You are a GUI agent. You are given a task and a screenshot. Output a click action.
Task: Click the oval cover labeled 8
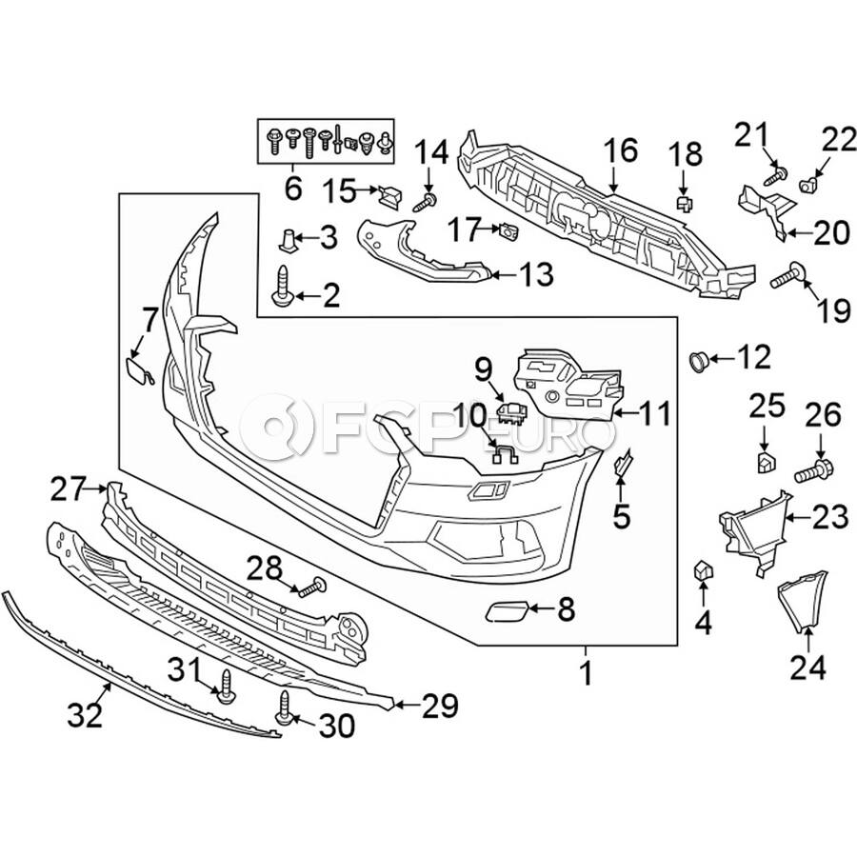pos(508,610)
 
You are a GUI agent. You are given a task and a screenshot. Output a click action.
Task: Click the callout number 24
pos(807,668)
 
